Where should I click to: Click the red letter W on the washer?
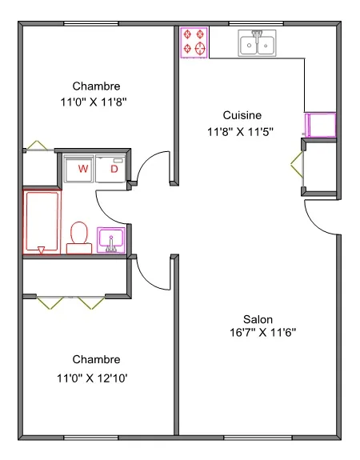click(83, 169)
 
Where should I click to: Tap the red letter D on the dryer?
click(114, 169)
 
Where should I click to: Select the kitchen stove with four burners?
click(194, 42)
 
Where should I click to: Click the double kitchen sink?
click(257, 43)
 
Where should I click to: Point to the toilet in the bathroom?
click(79, 238)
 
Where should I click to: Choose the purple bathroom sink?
click(111, 240)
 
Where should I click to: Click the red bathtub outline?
click(42, 222)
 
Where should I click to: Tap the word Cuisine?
click(242, 115)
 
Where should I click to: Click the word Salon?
click(258, 319)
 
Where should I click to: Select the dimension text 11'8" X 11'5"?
click(240, 132)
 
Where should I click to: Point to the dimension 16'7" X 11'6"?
click(262, 333)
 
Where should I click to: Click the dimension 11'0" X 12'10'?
click(92, 378)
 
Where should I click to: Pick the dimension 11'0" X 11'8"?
click(94, 102)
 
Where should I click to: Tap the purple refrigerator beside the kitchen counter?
click(320, 125)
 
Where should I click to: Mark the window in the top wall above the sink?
click(256, 23)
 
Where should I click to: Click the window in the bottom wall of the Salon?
click(258, 438)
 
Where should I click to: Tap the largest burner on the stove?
click(200, 48)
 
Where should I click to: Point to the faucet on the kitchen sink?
click(257, 36)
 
